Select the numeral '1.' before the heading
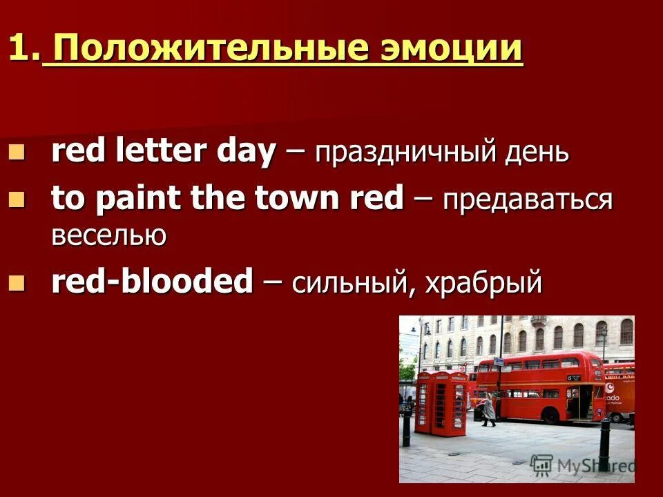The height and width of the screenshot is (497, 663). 23,50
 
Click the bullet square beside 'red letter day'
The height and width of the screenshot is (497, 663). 17,150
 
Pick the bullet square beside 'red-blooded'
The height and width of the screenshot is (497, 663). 17,281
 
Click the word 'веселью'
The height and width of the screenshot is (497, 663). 108,236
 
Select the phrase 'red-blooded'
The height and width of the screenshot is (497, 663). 153,282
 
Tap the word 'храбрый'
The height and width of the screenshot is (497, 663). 483,284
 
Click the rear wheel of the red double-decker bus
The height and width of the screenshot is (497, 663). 551,416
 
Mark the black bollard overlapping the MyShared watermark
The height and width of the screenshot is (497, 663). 604,445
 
